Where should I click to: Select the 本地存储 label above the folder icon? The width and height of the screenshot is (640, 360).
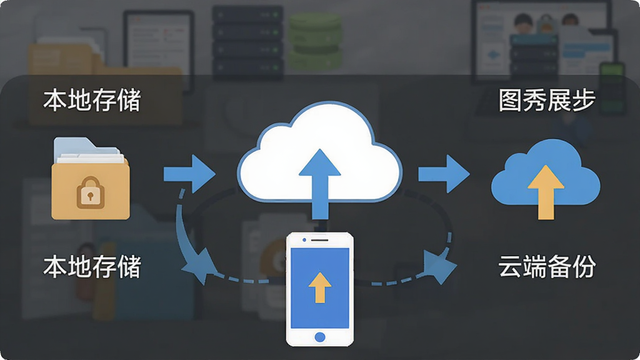[92, 101]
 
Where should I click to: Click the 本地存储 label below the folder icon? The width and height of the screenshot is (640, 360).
[92, 266]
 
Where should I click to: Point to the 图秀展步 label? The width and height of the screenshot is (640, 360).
[547, 101]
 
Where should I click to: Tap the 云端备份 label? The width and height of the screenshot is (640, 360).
[547, 266]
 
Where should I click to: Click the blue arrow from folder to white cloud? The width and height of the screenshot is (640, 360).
[189, 174]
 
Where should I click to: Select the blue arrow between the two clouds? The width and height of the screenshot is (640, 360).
[444, 174]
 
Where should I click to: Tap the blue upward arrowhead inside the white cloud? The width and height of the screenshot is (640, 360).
[320, 162]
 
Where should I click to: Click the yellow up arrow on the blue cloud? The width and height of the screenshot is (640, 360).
[546, 192]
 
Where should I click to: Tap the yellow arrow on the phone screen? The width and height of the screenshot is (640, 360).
[320, 287]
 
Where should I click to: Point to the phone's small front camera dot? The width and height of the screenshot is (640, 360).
[304, 240]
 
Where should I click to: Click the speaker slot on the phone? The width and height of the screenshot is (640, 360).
[319, 240]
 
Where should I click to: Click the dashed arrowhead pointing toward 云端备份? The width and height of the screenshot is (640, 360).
[440, 266]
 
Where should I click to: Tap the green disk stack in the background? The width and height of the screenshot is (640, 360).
[315, 41]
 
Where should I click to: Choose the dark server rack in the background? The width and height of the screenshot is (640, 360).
[247, 41]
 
